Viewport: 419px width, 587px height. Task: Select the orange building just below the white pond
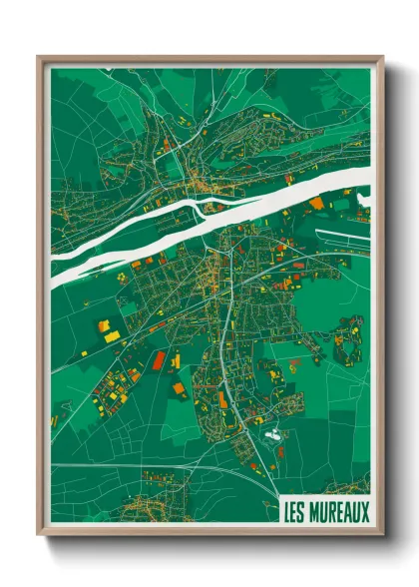click(271, 445)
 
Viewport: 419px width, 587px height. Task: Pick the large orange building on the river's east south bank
click(317, 204)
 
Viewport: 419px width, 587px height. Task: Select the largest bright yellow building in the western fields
click(105, 325)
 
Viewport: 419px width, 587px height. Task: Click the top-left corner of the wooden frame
click(39, 57)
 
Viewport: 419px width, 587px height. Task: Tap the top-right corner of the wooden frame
click(382, 57)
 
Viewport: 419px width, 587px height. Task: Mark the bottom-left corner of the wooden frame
click(39, 536)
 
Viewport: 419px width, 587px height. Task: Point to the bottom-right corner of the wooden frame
click(382, 536)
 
